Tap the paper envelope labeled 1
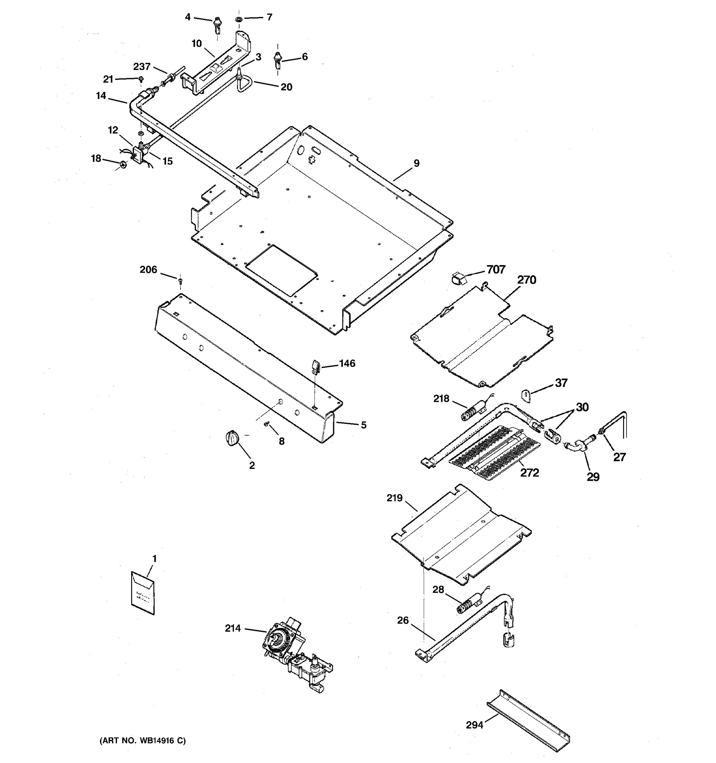pos(143,593)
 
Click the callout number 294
pos(474,725)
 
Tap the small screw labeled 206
pos(180,281)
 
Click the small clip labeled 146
pos(315,366)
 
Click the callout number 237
pos(142,67)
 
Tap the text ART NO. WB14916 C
pos(143,741)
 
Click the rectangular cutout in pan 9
pos(282,270)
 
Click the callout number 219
pos(395,498)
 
